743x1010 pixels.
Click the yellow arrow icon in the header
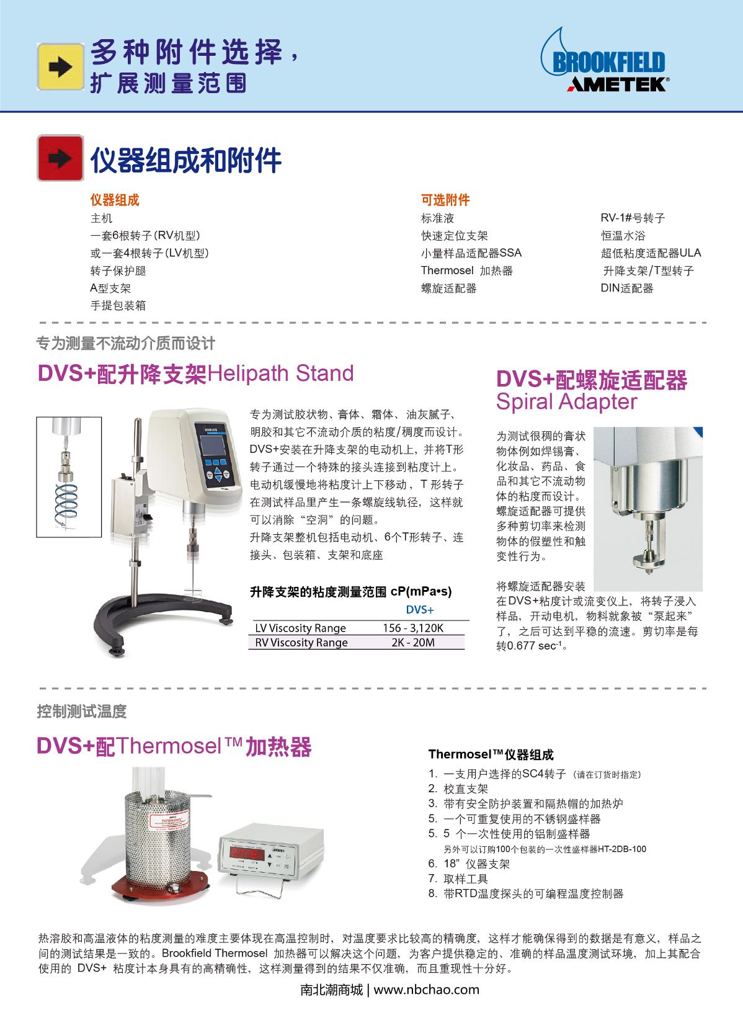[60, 67]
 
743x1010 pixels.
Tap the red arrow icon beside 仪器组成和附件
[60, 158]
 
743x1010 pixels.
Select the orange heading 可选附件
[445, 200]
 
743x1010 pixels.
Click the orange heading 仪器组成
[115, 200]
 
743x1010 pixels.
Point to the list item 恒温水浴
[623, 235]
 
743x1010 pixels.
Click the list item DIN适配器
[626, 288]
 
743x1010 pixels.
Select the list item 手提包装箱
[118, 306]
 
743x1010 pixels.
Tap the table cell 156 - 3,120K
[413, 628]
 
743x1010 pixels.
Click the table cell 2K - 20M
[413, 643]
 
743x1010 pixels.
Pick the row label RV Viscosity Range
[301, 643]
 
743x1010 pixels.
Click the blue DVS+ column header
[420, 610]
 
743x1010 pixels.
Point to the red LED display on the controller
[247, 853]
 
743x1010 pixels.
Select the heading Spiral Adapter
[567, 401]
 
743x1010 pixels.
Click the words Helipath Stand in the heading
[280, 373]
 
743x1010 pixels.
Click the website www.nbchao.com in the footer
[427, 990]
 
